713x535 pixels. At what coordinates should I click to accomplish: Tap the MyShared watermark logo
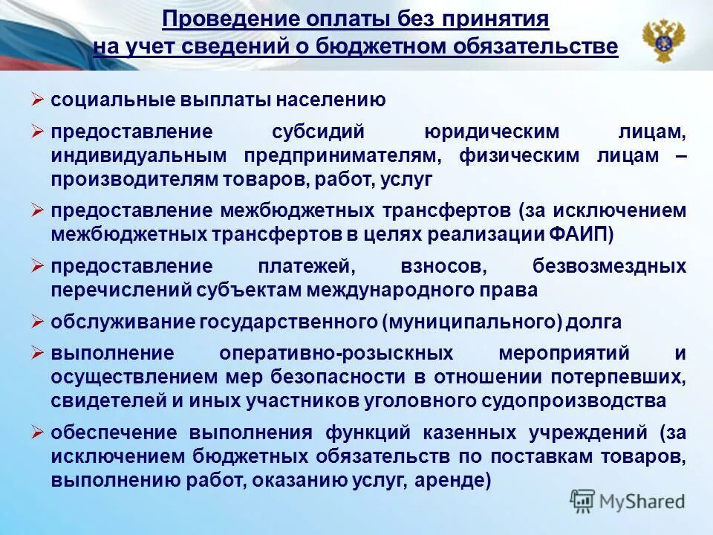(627, 501)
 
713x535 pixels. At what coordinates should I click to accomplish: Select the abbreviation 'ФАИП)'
(583, 235)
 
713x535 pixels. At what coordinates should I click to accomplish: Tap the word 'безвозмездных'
(609, 267)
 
